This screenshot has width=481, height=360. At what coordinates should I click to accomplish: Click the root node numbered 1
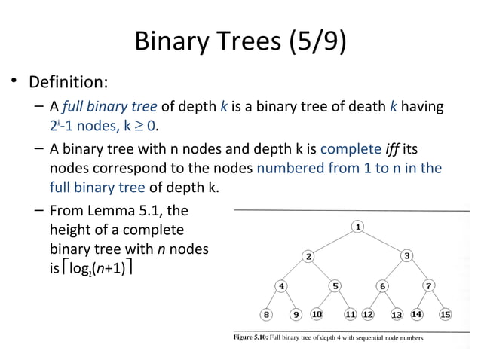pos(359,226)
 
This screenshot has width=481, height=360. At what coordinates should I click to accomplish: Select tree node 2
pos(309,256)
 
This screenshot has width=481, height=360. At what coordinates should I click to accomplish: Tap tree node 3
pos(407,256)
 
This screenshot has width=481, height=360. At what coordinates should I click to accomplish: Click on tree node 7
pos(428,285)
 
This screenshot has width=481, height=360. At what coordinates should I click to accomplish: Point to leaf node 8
pos(265,314)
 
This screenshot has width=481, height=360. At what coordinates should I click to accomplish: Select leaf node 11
pos(351,314)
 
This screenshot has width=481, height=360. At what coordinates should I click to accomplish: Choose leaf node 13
pos(397,314)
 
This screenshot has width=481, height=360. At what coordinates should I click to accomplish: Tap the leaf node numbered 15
pos(445,314)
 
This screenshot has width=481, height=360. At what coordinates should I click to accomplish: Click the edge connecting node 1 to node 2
pos(334,241)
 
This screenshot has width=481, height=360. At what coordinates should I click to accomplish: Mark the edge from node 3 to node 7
pos(418,271)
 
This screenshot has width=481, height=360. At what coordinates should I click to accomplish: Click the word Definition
pos(69,81)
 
